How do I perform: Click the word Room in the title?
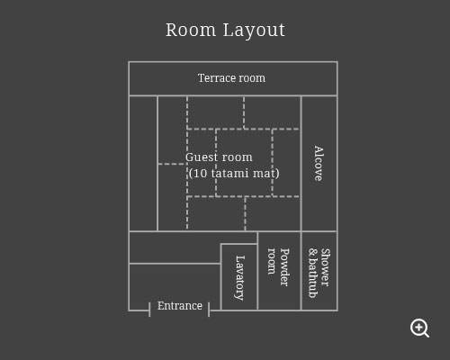coord(191,31)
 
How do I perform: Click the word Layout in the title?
coord(254,31)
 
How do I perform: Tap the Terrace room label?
coord(231,78)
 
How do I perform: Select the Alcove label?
coord(319,164)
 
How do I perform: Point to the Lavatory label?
coord(239,278)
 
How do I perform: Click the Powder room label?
coord(278,267)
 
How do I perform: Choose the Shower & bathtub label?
coord(319,273)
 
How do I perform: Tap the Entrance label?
coord(180,306)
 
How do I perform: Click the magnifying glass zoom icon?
coord(419,328)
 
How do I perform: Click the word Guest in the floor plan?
coord(202,157)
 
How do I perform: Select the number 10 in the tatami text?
coord(200,174)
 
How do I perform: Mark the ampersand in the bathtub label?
coord(313,252)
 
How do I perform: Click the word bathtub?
coord(313,278)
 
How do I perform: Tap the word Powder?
coord(284,267)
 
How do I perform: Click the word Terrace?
coord(215,78)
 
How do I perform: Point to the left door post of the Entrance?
coord(149,310)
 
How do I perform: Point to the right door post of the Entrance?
coord(209,310)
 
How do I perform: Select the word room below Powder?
coord(272,261)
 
